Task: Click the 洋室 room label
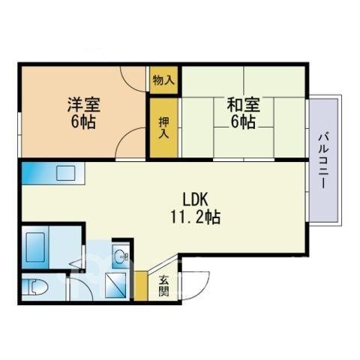[84, 104]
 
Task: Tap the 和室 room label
[244, 104]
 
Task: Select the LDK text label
[196, 199]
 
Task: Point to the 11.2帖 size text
[196, 217]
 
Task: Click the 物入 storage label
[163, 80]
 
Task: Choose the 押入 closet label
[163, 127]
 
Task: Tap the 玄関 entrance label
[164, 286]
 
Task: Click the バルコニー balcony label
[323, 161]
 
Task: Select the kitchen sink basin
[65, 173]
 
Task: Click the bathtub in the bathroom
[35, 247]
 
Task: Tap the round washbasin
[120, 256]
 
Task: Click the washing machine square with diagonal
[115, 285]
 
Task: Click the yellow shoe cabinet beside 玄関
[141, 286]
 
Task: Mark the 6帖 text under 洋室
[83, 122]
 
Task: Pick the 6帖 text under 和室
[243, 122]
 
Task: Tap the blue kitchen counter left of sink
[39, 173]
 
